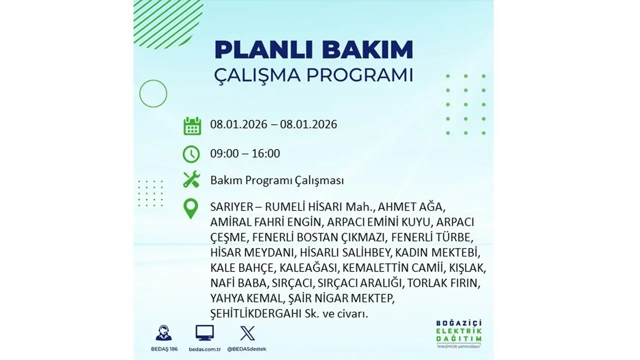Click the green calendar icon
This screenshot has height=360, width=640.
(x=192, y=125)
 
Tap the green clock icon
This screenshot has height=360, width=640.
(x=191, y=154)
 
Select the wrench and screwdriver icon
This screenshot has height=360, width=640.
(x=191, y=180)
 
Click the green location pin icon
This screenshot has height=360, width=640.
(x=191, y=208)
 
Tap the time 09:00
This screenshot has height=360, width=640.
(x=224, y=153)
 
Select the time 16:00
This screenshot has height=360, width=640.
(x=266, y=153)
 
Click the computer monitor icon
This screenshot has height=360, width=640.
(x=204, y=333)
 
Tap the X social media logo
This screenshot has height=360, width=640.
(x=247, y=333)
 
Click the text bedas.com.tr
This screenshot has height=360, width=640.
(x=204, y=348)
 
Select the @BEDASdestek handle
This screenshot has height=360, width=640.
(x=247, y=348)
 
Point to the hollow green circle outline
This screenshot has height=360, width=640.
(x=153, y=93)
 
